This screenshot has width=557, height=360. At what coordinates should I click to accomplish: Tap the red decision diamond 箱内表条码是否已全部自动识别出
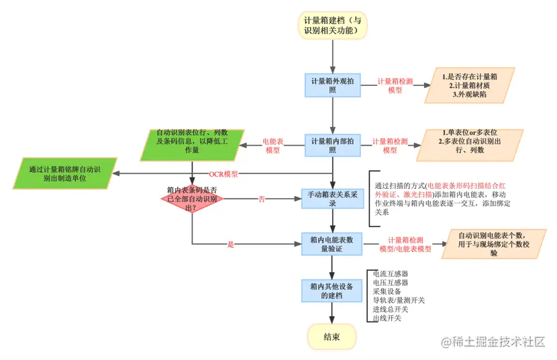191,199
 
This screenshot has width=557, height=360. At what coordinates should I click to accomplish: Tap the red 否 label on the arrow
261,199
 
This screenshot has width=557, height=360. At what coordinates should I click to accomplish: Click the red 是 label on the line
231,244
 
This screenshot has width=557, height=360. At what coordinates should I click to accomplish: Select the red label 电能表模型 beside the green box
272,146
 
